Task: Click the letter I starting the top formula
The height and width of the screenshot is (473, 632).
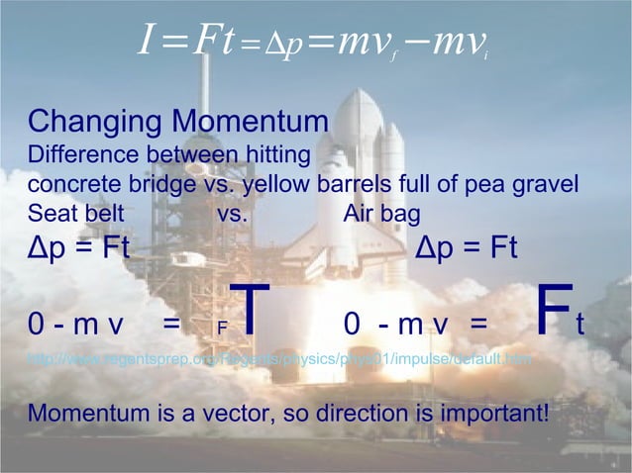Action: (145, 43)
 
